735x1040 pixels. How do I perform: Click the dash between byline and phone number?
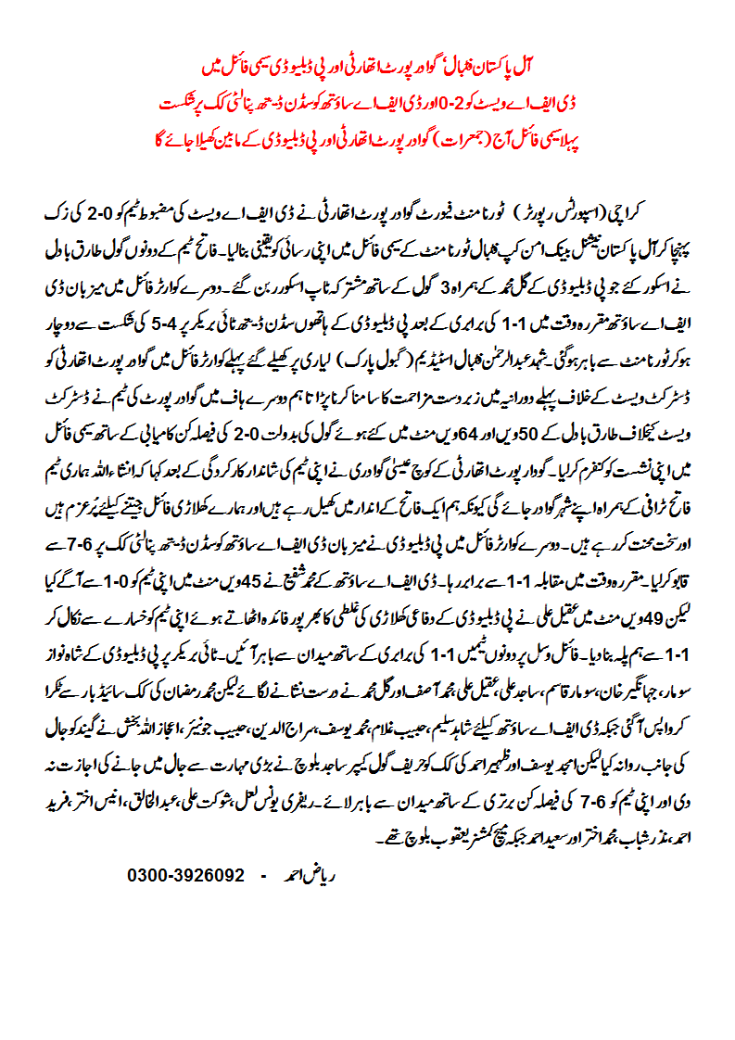[x=263, y=874]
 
